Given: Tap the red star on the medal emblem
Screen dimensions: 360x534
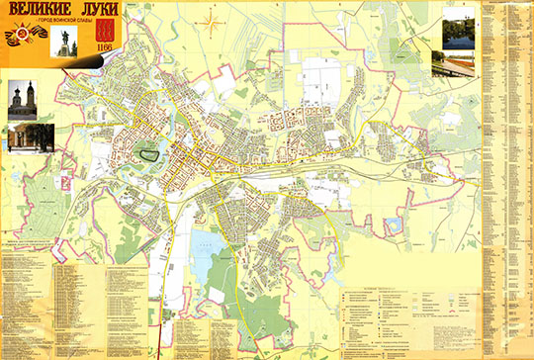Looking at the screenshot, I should [x=18, y=41].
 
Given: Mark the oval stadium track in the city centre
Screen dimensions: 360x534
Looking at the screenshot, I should [x=150, y=155].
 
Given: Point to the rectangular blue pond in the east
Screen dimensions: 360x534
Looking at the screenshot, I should [x=393, y=226].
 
